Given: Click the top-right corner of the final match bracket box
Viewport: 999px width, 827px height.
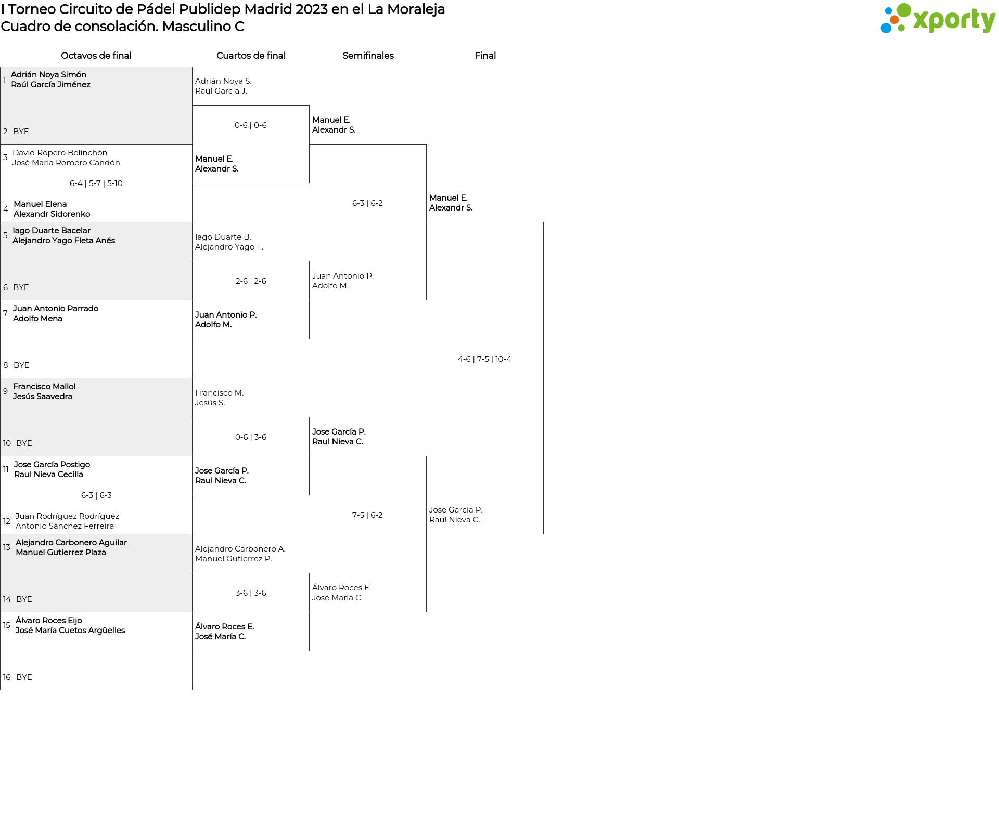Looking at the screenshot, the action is (x=543, y=222).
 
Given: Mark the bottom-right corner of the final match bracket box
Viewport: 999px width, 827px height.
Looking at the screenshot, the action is (x=543, y=534).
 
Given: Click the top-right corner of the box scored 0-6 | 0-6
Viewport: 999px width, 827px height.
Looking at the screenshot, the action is (x=309, y=106).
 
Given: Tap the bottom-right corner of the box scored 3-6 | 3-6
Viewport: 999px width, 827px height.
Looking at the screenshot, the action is (x=309, y=651).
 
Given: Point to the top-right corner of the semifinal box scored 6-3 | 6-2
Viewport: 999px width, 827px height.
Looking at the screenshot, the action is (x=426, y=145).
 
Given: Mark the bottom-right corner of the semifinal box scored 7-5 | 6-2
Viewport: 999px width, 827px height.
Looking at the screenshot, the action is (x=426, y=612).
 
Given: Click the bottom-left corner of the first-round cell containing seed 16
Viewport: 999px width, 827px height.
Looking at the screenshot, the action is (x=1, y=690).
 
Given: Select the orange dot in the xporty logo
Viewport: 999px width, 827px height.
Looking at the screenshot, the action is (x=894, y=20).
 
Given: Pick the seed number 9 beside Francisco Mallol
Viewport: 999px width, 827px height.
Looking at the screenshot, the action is (x=5, y=391).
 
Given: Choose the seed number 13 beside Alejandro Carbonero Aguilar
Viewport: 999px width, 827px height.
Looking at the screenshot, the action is (x=6, y=547).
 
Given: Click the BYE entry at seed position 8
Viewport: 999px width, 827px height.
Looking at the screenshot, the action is (x=21, y=365).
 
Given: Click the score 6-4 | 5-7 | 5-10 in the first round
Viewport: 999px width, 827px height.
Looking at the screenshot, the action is (x=96, y=183).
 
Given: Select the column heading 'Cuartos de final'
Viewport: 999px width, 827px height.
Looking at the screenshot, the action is (x=251, y=56).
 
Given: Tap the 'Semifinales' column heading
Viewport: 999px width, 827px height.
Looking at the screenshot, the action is (x=368, y=56).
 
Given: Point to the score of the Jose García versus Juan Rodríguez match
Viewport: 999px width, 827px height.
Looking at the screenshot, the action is (x=96, y=495).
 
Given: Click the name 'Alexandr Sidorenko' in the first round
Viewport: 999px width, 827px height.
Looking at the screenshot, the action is (x=52, y=214).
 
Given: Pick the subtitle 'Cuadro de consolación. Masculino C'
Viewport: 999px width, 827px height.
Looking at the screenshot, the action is (x=123, y=27).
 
